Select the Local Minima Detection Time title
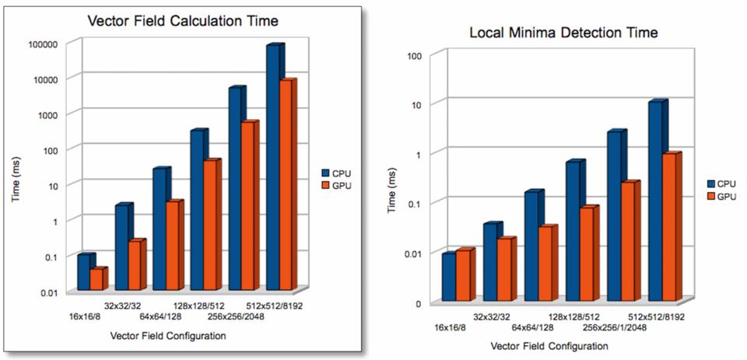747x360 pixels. click(x=564, y=33)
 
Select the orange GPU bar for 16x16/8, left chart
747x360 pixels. click(x=97, y=280)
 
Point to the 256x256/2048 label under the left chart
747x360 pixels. click(x=236, y=316)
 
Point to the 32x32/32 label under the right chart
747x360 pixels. click(x=492, y=317)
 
